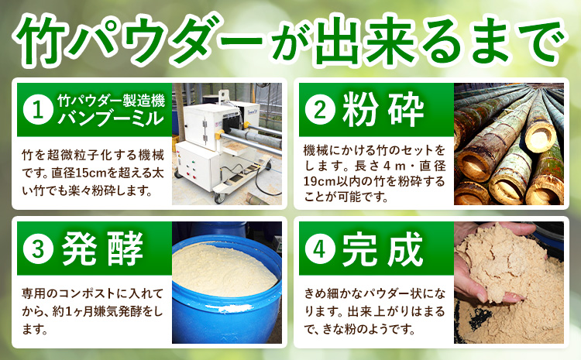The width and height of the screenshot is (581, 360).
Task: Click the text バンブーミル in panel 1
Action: [x=112, y=118]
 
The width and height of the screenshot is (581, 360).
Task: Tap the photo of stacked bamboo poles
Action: [x=507, y=143]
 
